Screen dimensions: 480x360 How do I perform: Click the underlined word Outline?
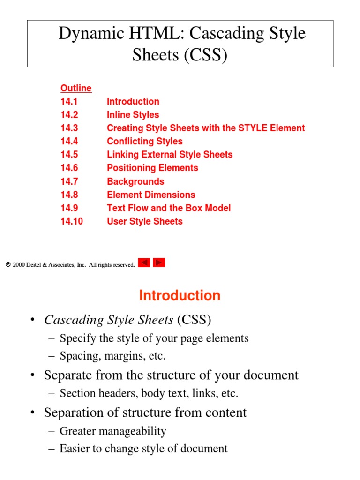tap(76, 88)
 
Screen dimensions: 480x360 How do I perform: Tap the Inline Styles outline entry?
tap(133, 115)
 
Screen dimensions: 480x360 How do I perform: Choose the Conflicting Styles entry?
tap(144, 141)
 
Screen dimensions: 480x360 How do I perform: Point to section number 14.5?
tap(69, 155)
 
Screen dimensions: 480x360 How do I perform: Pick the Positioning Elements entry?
tap(152, 168)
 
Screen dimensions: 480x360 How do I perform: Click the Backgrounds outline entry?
tap(135, 181)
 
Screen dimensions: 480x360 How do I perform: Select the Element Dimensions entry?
tap(151, 195)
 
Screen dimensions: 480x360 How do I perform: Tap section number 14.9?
tap(69, 208)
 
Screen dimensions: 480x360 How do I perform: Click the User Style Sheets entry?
tap(144, 221)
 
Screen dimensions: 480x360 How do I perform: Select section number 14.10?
tap(71, 221)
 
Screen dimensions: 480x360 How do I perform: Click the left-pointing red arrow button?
tap(144, 263)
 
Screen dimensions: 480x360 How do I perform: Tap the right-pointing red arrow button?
tap(159, 263)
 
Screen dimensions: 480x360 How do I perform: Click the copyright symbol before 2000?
tap(8, 265)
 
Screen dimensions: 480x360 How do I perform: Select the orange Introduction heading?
tap(180, 295)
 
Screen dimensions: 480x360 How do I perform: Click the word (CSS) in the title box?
tap(205, 55)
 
